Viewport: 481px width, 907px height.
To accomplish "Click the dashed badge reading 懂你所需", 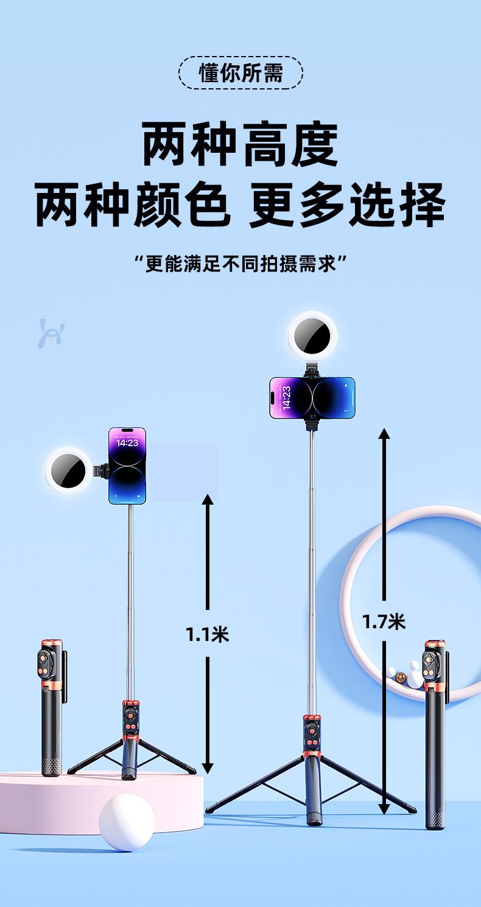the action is pos(240,73).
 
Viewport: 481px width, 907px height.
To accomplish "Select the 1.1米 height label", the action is pos(207,634).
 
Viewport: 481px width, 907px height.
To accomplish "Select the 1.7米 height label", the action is pos(384,621).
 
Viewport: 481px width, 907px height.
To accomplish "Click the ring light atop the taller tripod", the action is pos(313,335).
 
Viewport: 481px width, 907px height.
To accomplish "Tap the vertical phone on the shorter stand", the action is pos(127,466).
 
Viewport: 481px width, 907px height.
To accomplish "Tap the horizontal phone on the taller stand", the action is pos(312,397).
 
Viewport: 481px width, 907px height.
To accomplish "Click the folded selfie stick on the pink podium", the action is pos(51,706).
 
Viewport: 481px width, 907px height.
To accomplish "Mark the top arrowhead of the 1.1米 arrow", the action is pos(208,500).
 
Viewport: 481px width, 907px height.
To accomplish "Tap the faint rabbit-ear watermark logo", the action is pos(51,332).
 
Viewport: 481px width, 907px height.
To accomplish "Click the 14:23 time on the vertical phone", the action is pos(127,443).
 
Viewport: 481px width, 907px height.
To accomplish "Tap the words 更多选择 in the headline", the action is pos(347,205).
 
